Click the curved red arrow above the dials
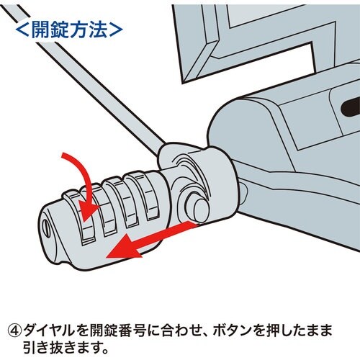[75, 173]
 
